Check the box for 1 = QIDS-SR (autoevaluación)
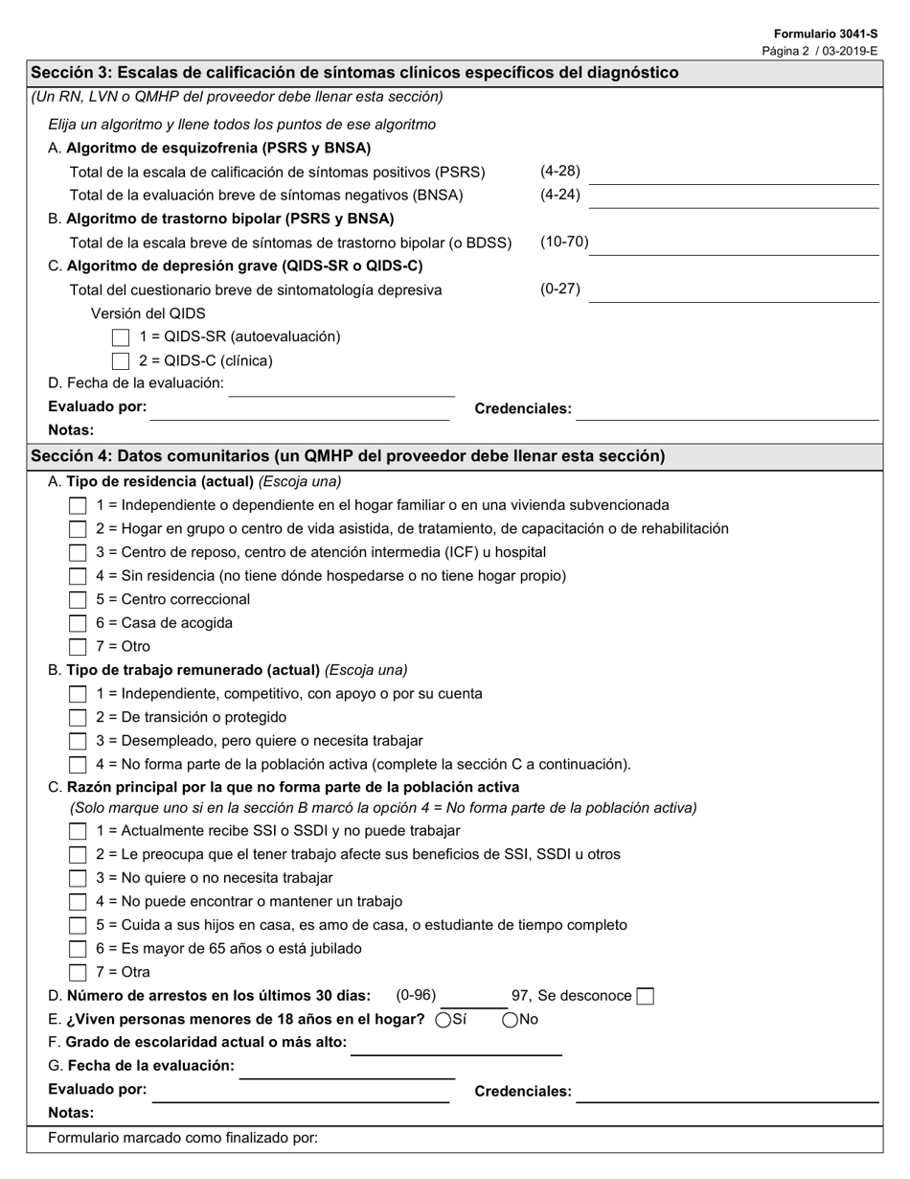[121, 337]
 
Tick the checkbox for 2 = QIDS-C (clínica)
[121, 361]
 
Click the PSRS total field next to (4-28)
[733, 173]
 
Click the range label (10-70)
[564, 242]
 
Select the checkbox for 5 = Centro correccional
[79, 600]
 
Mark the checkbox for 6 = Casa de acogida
[79, 624]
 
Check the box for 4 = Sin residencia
[79, 577]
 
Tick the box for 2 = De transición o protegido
[79, 718]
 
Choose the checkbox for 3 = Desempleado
[79, 742]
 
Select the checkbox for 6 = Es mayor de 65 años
[79, 949]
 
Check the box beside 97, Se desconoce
[646, 996]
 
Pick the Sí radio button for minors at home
[444, 1020]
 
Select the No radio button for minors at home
[511, 1020]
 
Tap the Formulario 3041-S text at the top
[826, 34]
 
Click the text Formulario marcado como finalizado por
[183, 1139]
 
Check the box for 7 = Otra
[79, 973]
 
